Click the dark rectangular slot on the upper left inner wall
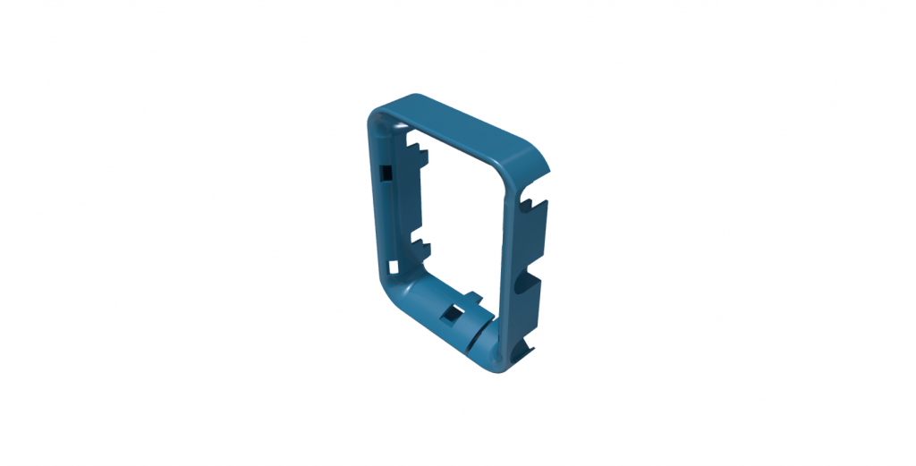[386, 172]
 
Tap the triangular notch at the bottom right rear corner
[527, 349]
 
